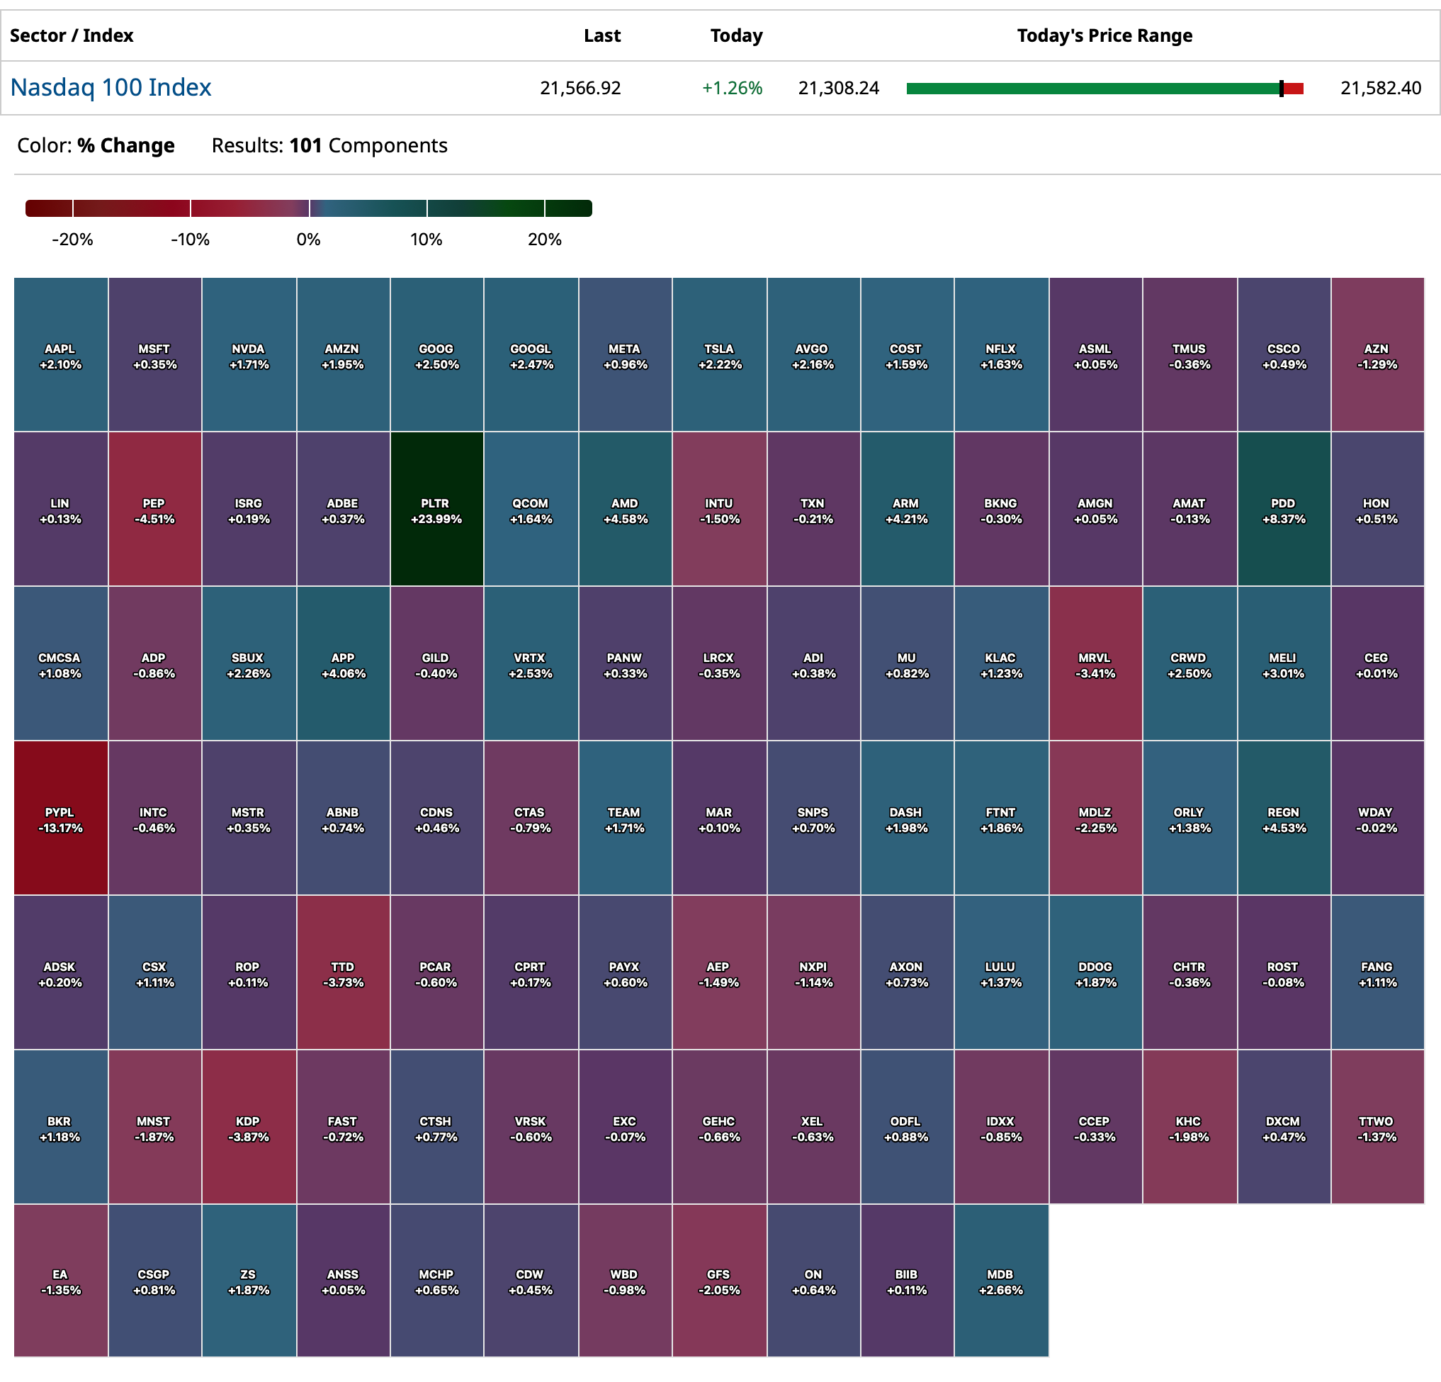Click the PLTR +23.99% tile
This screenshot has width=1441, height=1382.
tap(436, 509)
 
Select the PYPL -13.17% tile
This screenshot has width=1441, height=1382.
tap(60, 818)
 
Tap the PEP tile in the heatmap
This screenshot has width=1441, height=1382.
tap(154, 509)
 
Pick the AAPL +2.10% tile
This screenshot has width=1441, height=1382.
tap(60, 354)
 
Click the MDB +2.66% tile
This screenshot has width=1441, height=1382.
tap(1000, 1281)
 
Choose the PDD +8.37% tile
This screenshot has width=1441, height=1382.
tap(1284, 509)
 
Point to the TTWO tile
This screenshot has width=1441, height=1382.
tap(1377, 1127)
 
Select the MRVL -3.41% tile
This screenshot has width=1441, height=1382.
tap(1095, 663)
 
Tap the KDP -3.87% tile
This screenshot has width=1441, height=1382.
tap(249, 1127)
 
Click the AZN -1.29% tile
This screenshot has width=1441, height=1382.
tap(1377, 354)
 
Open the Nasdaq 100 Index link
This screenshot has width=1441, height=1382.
tap(111, 87)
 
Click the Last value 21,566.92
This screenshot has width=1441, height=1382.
tap(580, 89)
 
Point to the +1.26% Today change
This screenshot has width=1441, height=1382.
tap(732, 89)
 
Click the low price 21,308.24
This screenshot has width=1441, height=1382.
tap(838, 89)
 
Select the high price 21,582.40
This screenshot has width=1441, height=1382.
tap(1380, 89)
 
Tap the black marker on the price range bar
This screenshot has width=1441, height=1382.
tap(1281, 89)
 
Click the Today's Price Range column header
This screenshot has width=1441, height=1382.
tap(1104, 35)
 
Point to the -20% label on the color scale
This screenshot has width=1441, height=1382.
tap(72, 239)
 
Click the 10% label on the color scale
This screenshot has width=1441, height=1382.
tap(426, 239)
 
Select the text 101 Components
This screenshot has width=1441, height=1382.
tap(368, 145)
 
